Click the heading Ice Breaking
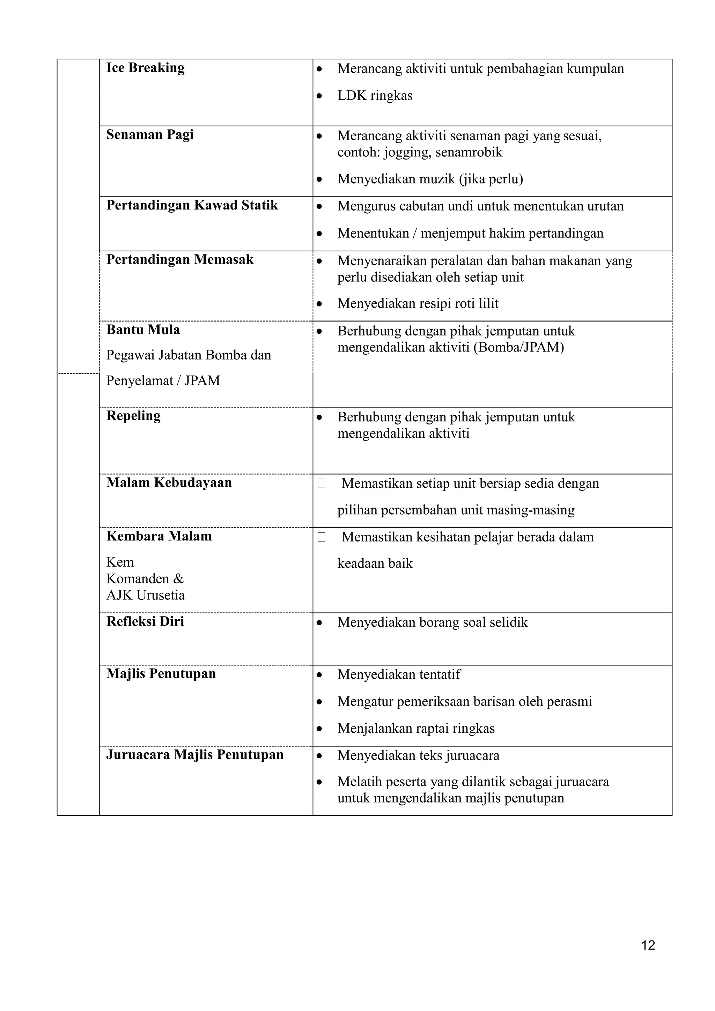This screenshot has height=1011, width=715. [x=145, y=68]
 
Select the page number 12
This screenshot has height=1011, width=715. [x=648, y=945]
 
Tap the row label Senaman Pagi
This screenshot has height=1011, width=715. [x=150, y=135]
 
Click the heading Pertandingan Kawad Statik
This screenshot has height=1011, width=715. [x=192, y=205]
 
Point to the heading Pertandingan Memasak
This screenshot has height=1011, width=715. [x=180, y=260]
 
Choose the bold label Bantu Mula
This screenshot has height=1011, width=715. [x=143, y=330]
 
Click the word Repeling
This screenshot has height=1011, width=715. [x=133, y=416]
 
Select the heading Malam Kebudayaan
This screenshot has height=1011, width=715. [x=169, y=482]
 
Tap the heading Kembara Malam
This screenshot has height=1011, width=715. [x=159, y=536]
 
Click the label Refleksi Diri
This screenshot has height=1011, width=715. [x=145, y=621]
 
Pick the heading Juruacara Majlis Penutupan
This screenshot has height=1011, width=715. [x=194, y=755]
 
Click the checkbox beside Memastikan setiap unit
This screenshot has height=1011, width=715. [x=322, y=484]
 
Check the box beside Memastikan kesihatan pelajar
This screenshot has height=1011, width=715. [x=322, y=538]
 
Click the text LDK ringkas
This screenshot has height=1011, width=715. [x=375, y=96]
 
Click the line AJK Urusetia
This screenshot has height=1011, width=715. [x=145, y=595]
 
